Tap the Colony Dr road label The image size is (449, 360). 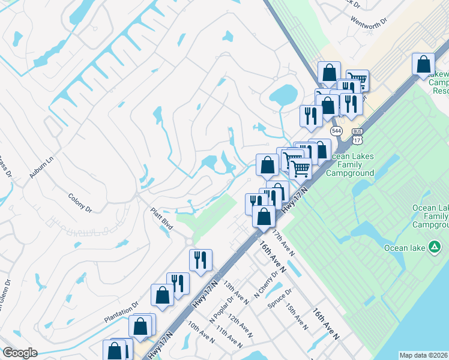tap(80, 202)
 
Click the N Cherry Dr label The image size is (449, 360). tap(267, 283)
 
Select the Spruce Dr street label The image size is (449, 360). tap(280, 299)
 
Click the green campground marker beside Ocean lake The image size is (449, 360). tap(434, 247)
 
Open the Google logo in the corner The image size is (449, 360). tap(20, 353)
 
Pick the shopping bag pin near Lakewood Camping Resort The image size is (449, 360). tap(424, 64)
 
